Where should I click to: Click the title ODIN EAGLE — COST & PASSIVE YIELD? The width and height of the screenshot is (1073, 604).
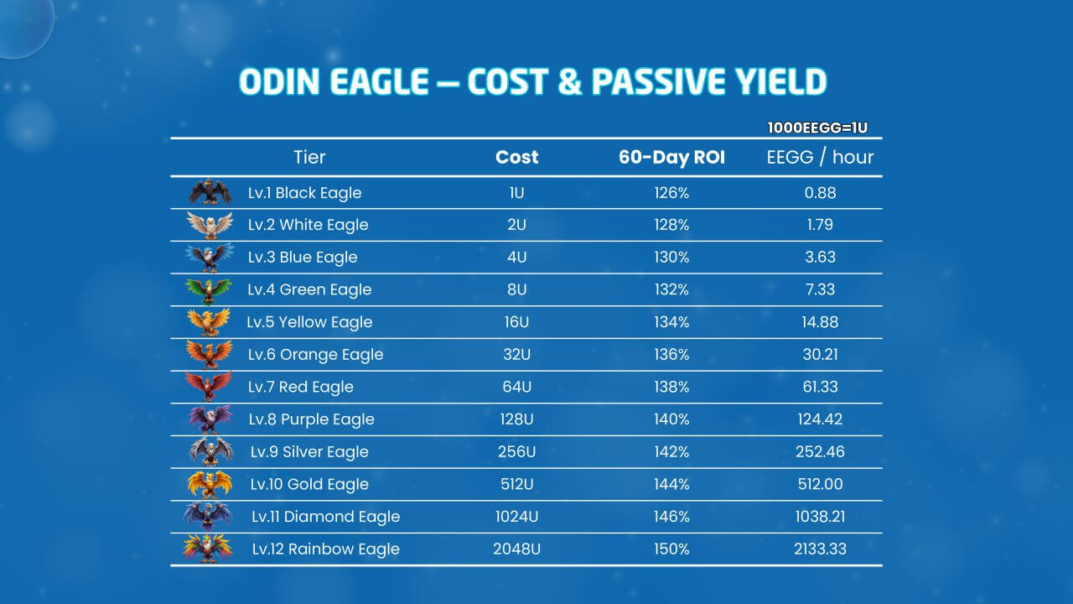coord(533,82)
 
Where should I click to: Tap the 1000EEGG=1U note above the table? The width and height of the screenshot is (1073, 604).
coord(817,128)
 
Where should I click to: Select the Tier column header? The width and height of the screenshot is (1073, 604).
coord(309,157)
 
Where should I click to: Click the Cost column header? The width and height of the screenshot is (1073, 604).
coord(516,157)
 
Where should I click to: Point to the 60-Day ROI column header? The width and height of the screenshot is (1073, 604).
coord(671,157)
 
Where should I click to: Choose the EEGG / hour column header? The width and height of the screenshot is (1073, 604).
coord(820,157)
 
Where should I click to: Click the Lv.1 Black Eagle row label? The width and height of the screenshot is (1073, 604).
coord(304,193)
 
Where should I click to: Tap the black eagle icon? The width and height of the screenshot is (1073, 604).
coord(210,193)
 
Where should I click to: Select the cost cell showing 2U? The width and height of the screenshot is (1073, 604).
coord(516,225)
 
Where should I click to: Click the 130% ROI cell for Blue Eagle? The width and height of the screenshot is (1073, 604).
coord(671,258)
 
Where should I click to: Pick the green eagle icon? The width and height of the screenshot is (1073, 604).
coord(209,290)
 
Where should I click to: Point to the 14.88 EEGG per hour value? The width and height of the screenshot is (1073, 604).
coord(820,322)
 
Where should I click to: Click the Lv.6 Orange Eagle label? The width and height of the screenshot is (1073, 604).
coord(315,355)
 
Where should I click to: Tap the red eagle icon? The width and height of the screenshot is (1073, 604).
coord(209,387)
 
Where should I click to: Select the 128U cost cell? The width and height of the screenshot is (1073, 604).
coord(516,419)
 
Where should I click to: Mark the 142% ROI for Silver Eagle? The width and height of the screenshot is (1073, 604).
coord(671,452)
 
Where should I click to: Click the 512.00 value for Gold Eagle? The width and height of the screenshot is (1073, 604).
coord(820,484)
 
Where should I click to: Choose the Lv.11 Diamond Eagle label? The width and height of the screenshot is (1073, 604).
coord(325,517)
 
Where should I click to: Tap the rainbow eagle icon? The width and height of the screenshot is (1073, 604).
coord(208,549)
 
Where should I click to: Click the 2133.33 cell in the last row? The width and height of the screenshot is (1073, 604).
coord(820,549)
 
